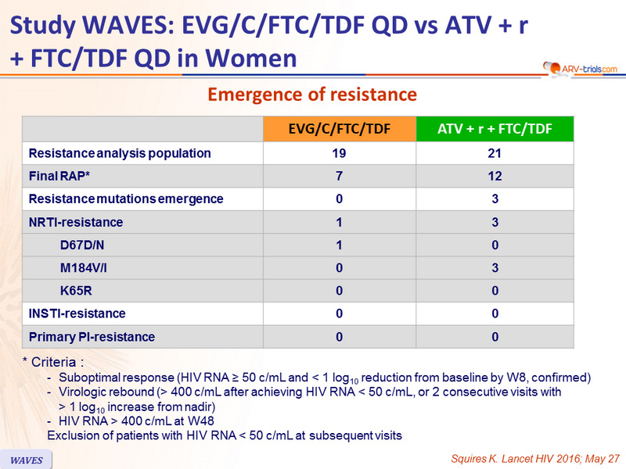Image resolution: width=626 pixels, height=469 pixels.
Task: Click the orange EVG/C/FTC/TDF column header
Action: pos(340,129)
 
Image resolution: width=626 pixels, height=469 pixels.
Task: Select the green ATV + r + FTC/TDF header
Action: pos(495,129)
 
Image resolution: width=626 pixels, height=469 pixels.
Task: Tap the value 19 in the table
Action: pos(339,153)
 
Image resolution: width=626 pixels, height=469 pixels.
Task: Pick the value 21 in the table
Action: pos(495,153)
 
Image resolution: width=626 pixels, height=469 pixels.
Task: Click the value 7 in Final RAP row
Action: pos(339,176)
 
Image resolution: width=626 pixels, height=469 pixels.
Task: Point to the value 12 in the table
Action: pos(495,176)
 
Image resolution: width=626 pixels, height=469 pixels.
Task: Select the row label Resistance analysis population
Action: pos(120,153)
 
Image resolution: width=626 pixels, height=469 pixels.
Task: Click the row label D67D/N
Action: pos(82,245)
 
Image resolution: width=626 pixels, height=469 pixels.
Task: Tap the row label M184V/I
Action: pos(84,267)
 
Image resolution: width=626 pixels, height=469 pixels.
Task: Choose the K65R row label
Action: pos(76,291)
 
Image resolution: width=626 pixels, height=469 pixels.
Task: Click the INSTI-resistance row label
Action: pos(77,313)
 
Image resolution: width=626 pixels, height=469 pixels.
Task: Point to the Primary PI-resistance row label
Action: pos(92,337)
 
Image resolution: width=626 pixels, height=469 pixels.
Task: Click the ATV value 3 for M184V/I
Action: pos(495,267)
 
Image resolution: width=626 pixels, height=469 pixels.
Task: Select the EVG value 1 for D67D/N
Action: pos(339,245)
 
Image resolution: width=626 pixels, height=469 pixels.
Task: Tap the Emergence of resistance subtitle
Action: pos(312,95)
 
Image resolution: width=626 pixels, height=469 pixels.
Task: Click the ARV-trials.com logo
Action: pos(580,69)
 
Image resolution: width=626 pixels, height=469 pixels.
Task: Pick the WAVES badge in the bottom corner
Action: pos(26,460)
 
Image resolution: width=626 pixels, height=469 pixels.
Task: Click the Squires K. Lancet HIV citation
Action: pos(535,459)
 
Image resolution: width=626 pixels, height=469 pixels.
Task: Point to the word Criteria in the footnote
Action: pos(53,362)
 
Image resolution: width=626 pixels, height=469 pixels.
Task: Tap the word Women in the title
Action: pos(251,58)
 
